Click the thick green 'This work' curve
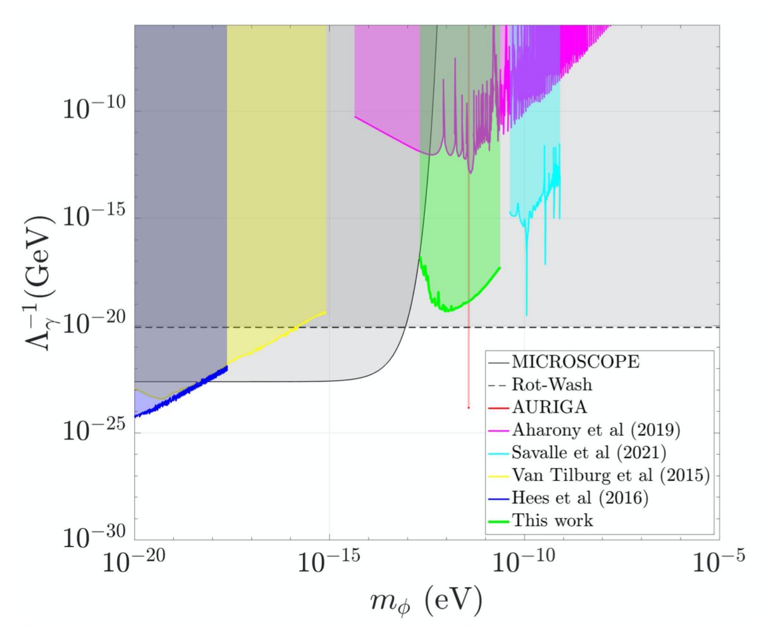(x=455, y=307)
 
